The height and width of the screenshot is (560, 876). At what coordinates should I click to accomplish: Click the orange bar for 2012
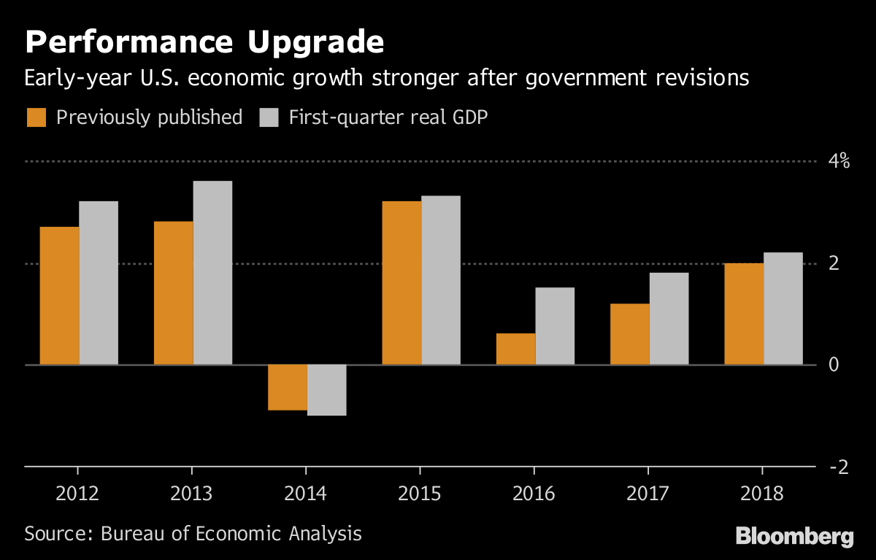59,295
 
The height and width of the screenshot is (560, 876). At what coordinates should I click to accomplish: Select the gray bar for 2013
212,273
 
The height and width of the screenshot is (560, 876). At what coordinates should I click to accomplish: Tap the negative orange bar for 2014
288,387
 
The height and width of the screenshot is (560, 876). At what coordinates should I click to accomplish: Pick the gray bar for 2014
326,390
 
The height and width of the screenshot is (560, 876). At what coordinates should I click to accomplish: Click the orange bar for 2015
401,283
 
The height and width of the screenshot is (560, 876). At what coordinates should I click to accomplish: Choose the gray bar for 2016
555,326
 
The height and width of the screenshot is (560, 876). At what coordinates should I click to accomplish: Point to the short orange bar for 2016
515,349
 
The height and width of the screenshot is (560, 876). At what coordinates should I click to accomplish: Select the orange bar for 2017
629,334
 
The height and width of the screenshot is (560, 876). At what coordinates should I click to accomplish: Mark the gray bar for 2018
783,308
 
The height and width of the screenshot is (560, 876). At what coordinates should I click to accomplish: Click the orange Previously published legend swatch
36,117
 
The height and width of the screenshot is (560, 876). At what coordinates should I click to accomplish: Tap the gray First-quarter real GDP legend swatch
269,117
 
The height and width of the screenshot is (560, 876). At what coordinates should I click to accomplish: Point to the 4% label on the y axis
839,161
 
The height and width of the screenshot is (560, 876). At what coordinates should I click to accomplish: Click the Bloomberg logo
794,537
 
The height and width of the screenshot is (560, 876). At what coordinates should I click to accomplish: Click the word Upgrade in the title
316,44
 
